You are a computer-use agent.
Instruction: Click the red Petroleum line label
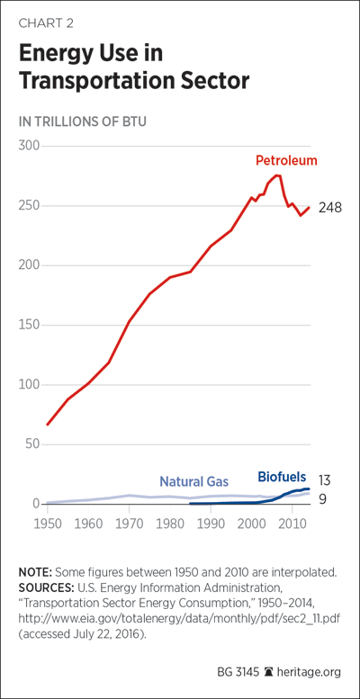(286, 160)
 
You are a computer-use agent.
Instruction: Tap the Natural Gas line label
(194, 481)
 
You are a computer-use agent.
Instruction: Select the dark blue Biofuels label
(282, 477)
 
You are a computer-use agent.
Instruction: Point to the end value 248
(329, 208)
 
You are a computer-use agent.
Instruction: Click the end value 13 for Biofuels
(324, 480)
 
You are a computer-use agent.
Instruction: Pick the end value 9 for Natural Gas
(322, 499)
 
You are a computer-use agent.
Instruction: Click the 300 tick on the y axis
(29, 146)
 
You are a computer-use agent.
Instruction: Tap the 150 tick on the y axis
(29, 325)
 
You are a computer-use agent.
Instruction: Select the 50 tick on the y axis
(32, 444)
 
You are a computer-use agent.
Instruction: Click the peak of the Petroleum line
(277, 175)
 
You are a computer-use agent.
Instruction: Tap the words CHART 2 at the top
(46, 23)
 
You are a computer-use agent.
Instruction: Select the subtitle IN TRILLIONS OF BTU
(82, 121)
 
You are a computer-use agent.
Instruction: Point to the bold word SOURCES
(42, 585)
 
